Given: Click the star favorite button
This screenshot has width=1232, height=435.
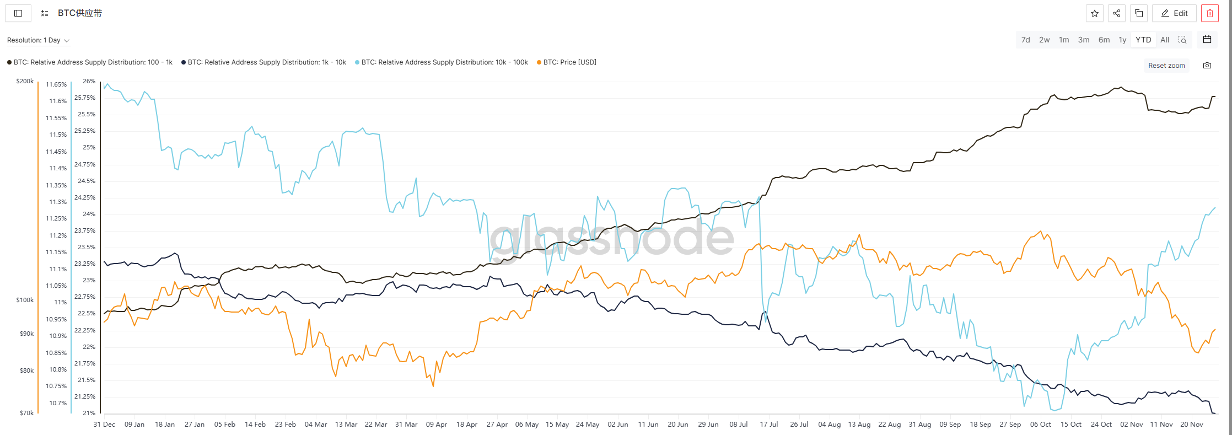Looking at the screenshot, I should tap(1095, 13).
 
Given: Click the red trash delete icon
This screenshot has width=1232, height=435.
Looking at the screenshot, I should tap(1210, 13).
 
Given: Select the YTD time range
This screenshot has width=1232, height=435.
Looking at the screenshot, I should tap(1143, 40).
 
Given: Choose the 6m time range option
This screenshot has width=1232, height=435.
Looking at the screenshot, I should tap(1104, 40).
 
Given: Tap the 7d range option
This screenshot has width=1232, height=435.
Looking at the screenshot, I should tap(1025, 40).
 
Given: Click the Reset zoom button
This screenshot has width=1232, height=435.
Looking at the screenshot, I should tap(1166, 66).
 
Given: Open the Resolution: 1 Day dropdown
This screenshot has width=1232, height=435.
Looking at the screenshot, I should tap(38, 40).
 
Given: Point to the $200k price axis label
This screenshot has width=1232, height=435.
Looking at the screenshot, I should tap(25, 81).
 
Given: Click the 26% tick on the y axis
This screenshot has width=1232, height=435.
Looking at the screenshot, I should tap(89, 81).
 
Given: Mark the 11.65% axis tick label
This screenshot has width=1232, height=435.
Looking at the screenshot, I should tap(56, 84).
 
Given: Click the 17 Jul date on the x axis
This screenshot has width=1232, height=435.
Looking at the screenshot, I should tap(769, 425).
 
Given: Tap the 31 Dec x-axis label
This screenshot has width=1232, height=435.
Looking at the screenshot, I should tap(104, 425).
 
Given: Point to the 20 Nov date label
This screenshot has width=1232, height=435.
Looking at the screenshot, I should tap(1192, 425).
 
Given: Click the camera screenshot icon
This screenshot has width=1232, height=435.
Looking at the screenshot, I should tap(1207, 66).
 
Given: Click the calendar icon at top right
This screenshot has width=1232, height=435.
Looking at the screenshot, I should tap(1207, 40).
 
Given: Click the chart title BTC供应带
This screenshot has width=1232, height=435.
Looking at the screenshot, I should tap(80, 13).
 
